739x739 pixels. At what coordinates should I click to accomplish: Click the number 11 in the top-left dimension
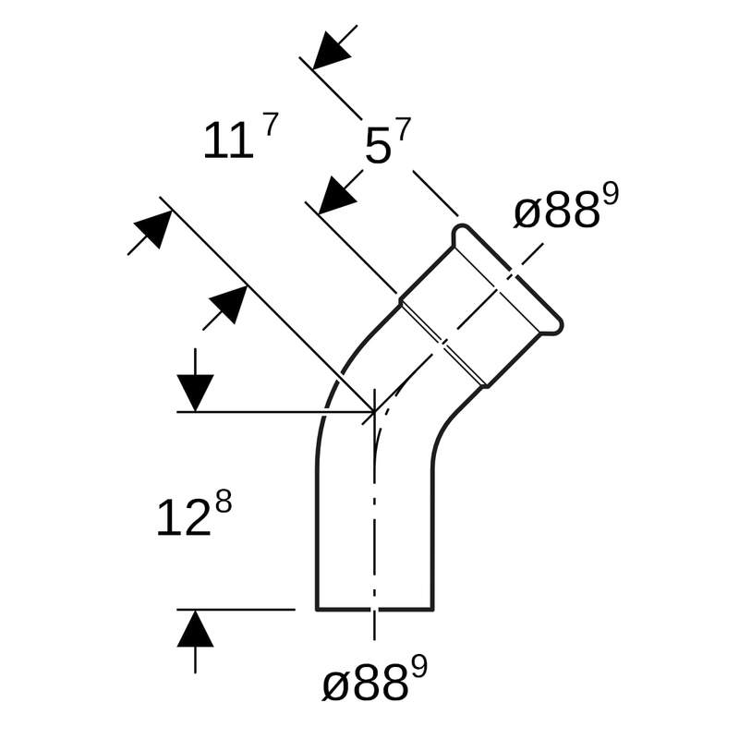coord(227,142)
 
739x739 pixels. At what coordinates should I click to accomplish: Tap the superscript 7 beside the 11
coord(270,125)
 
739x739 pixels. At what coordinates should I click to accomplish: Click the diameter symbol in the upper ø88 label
coord(527,213)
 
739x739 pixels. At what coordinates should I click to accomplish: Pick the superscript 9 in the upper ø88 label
coord(610,195)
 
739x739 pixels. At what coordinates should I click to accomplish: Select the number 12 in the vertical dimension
coord(183,519)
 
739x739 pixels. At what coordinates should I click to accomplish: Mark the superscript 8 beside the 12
coord(223,502)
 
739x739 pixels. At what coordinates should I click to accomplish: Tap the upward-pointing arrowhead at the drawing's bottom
coord(195,630)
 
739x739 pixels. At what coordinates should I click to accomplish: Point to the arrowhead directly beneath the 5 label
coord(337,195)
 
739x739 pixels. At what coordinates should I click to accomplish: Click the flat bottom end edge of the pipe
coord(374,610)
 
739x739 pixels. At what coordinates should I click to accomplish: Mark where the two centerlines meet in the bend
coord(374,412)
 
